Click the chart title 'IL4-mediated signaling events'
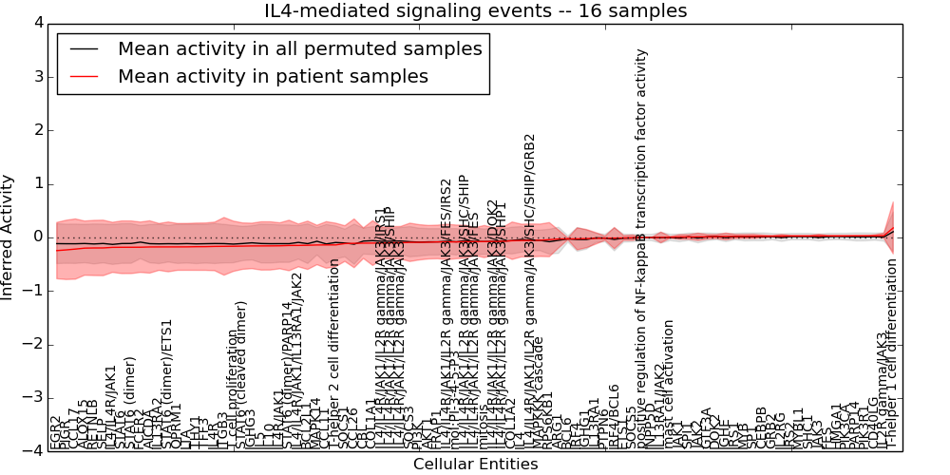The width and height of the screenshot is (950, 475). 475,11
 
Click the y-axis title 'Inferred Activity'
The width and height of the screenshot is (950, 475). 9,237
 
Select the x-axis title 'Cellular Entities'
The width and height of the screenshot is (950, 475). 475,465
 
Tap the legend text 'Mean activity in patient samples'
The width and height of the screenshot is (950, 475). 273,76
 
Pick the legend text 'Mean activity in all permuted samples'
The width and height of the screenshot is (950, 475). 299,48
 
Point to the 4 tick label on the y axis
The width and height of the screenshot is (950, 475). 36,22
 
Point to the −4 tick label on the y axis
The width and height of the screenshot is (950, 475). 32,451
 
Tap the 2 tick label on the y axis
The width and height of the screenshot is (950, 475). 36,129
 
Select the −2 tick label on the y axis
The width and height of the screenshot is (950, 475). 32,344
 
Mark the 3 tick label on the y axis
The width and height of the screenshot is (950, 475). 36,76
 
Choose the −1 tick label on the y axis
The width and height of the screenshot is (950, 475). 32,291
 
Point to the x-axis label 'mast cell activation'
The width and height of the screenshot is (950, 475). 670,385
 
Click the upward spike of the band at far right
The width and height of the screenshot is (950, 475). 892,204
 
